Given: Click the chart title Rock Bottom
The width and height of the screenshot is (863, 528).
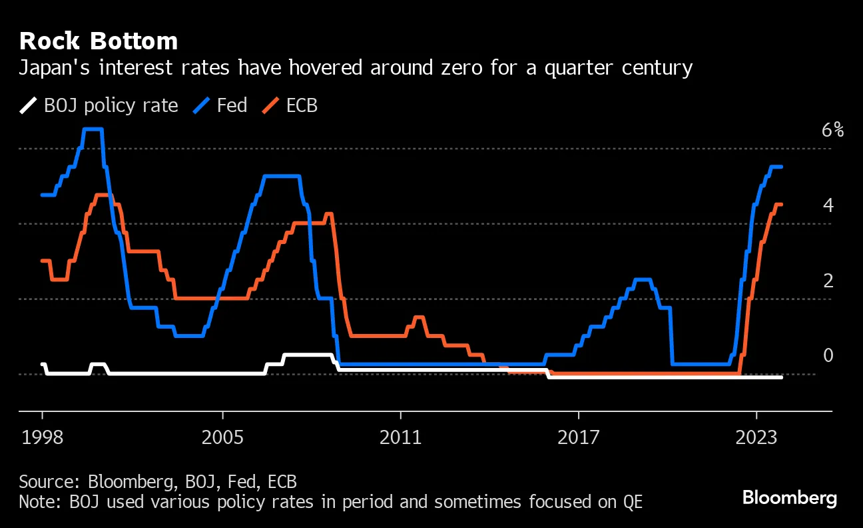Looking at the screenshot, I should coord(99,41).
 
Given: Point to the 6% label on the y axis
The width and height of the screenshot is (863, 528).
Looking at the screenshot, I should coord(832,131).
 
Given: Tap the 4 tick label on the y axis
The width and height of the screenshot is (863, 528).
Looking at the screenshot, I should coord(828,205).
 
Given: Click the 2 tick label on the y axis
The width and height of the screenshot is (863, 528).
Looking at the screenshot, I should coord(828,281).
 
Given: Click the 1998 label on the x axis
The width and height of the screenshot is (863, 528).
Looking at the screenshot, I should coord(43,438).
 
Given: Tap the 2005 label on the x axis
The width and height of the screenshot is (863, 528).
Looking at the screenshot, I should coord(222,438).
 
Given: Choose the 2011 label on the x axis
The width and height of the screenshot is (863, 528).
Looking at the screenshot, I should coord(400,438).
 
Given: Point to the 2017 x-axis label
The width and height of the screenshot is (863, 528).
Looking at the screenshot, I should coord(579,438).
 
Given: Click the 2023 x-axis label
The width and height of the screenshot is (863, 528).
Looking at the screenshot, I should coord(757,438).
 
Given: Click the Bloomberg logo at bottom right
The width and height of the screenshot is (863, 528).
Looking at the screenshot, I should coord(789,497).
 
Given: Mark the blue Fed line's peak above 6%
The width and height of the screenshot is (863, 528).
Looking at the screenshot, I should coord(93,129).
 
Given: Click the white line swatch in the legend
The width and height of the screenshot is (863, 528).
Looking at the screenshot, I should coord(28,105).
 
